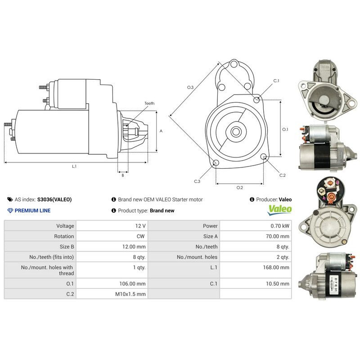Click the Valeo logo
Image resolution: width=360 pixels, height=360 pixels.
(280, 209)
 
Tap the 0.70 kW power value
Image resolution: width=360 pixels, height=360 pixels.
(279, 226)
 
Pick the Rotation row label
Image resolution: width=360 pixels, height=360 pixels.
(64, 236)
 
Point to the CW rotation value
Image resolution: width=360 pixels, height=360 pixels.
(141, 236)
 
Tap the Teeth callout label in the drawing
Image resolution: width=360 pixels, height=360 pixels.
(149, 103)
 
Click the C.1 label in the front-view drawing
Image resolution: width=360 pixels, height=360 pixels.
(276, 81)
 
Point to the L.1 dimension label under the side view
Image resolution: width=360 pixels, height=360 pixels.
(74, 166)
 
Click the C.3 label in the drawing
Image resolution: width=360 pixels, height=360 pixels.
(197, 181)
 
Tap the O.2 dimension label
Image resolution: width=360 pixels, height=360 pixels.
(239, 187)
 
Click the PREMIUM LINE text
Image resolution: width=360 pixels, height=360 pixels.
(32, 211)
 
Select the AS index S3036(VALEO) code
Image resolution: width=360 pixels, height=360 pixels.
(54, 199)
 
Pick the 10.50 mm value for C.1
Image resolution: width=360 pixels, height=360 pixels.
(279, 283)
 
